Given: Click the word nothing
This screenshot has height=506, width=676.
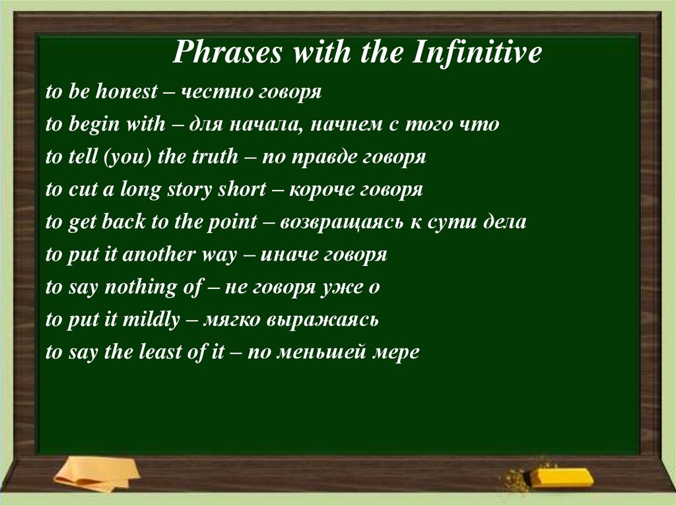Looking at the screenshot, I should coord(131,288).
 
